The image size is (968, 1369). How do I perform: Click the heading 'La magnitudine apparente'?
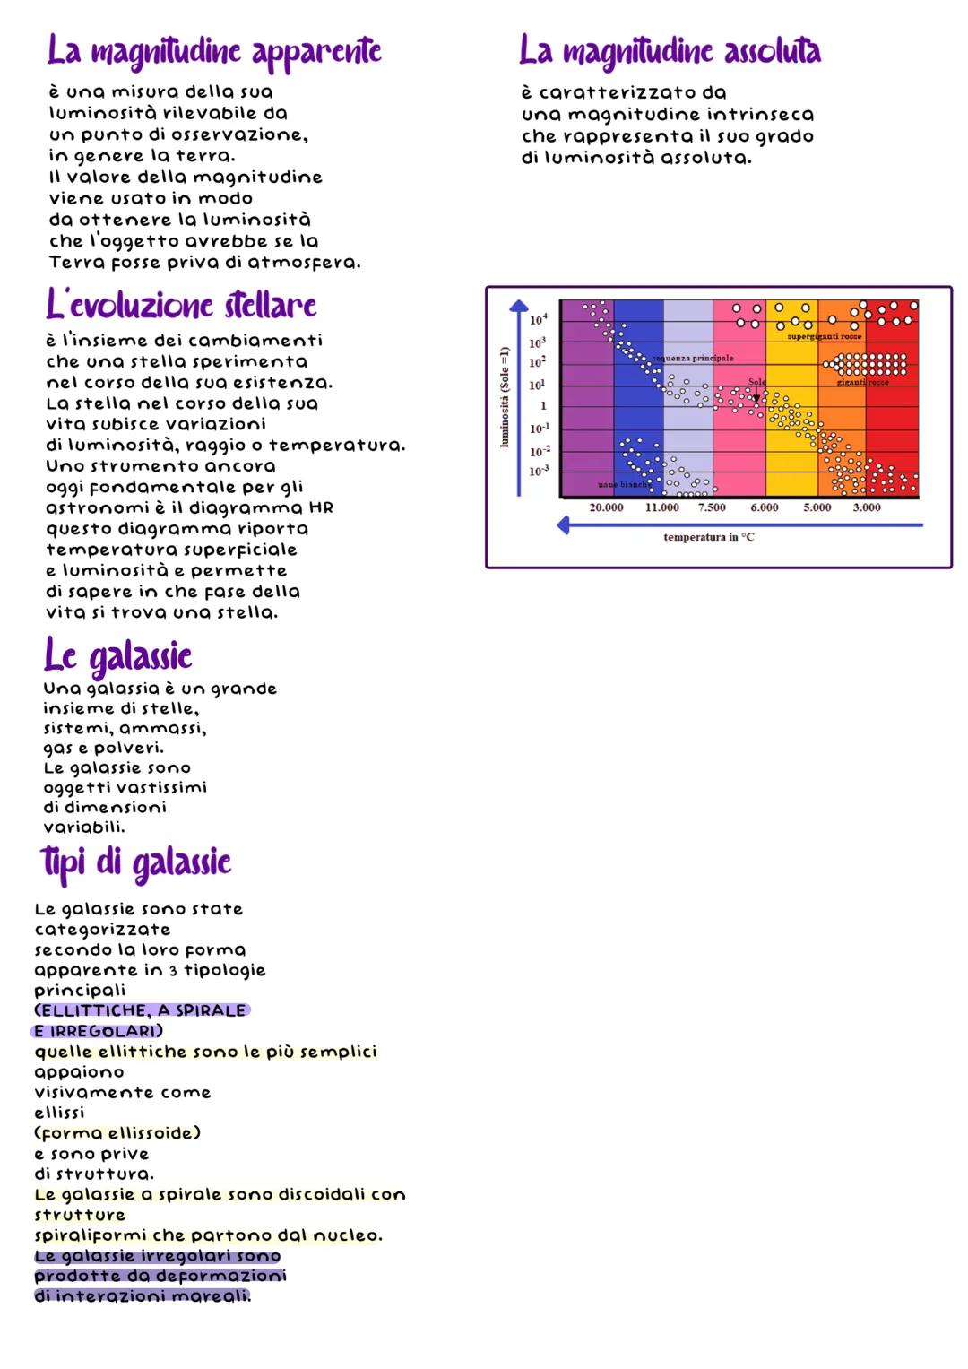click(214, 52)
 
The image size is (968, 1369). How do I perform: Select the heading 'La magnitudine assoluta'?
click(670, 51)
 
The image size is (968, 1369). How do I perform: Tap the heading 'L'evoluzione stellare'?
click(181, 305)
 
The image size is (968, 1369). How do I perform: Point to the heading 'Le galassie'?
click(117, 656)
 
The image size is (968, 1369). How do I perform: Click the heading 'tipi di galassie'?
click(136, 862)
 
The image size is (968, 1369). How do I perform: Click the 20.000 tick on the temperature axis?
click(606, 507)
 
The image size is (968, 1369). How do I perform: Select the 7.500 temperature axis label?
click(712, 507)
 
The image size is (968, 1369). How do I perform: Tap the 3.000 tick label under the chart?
click(866, 507)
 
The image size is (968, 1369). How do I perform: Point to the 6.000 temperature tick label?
click(764, 507)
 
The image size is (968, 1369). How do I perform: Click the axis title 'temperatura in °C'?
click(708, 537)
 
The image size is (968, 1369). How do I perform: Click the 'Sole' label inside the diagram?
click(757, 382)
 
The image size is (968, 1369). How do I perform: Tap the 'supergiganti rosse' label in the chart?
click(824, 336)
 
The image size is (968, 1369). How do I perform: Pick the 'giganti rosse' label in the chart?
click(862, 383)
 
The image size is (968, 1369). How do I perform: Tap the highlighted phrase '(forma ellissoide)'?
click(117, 1133)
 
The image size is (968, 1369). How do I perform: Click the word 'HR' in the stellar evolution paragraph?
click(321, 507)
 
